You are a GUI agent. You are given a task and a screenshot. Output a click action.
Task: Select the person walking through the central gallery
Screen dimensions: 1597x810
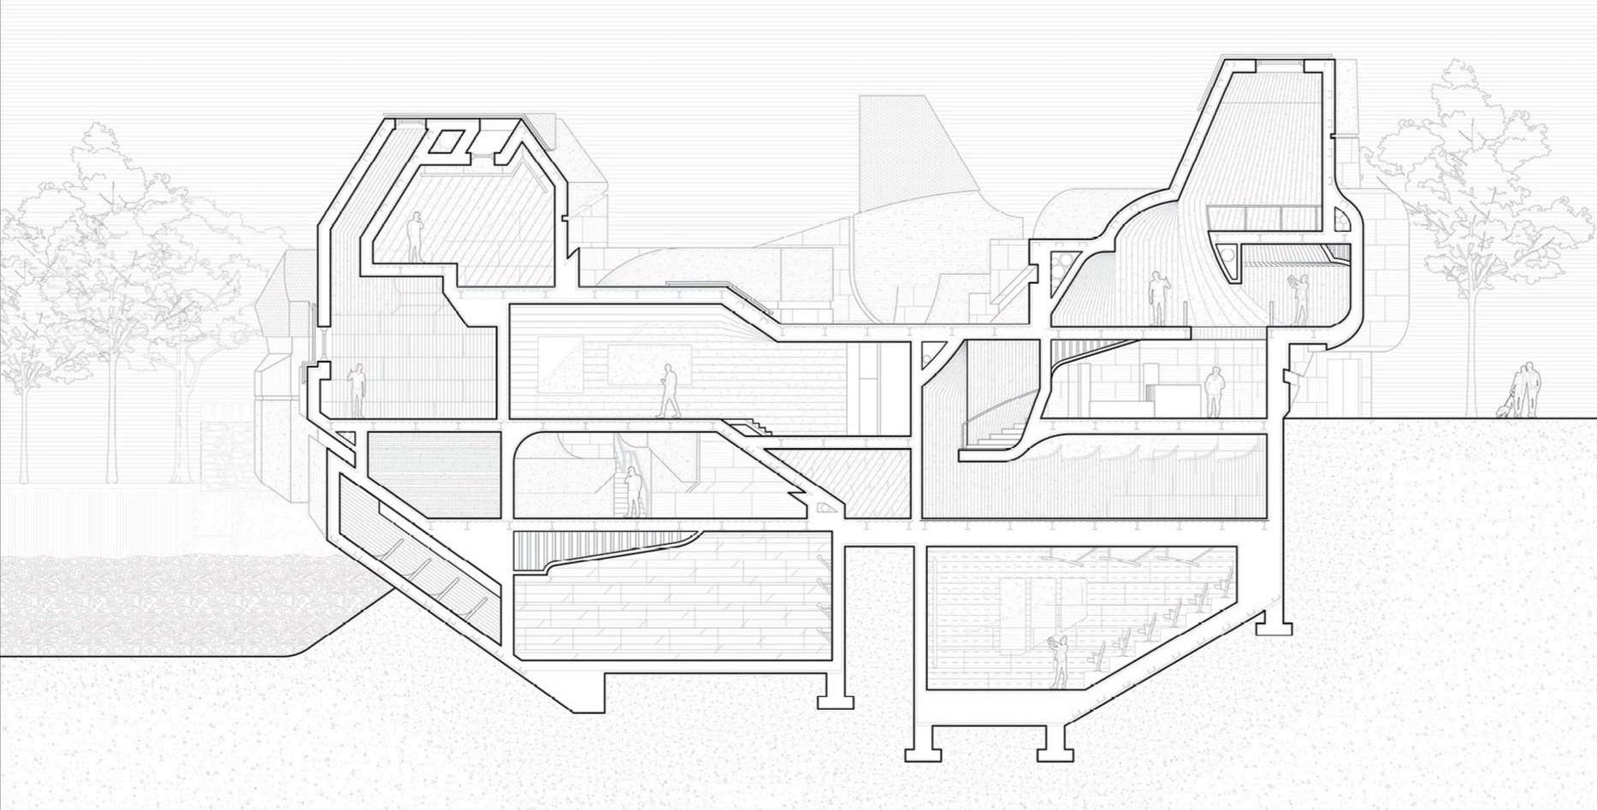pos(667,390)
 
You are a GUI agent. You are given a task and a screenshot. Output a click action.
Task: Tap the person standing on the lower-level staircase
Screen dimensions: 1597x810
pos(634,493)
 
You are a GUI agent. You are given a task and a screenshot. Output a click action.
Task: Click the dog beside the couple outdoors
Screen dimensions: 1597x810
pos(1504,410)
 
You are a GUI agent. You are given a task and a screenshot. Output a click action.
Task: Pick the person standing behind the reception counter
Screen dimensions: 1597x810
pos(1213,392)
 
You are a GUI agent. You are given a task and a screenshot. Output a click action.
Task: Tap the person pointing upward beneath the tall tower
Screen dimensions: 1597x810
pos(1156,298)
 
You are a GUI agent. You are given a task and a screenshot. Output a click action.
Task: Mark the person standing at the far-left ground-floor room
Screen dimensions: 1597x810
pos(357,391)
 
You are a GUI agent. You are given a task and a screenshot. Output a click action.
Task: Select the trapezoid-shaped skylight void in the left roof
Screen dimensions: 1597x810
pos(448,140)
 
